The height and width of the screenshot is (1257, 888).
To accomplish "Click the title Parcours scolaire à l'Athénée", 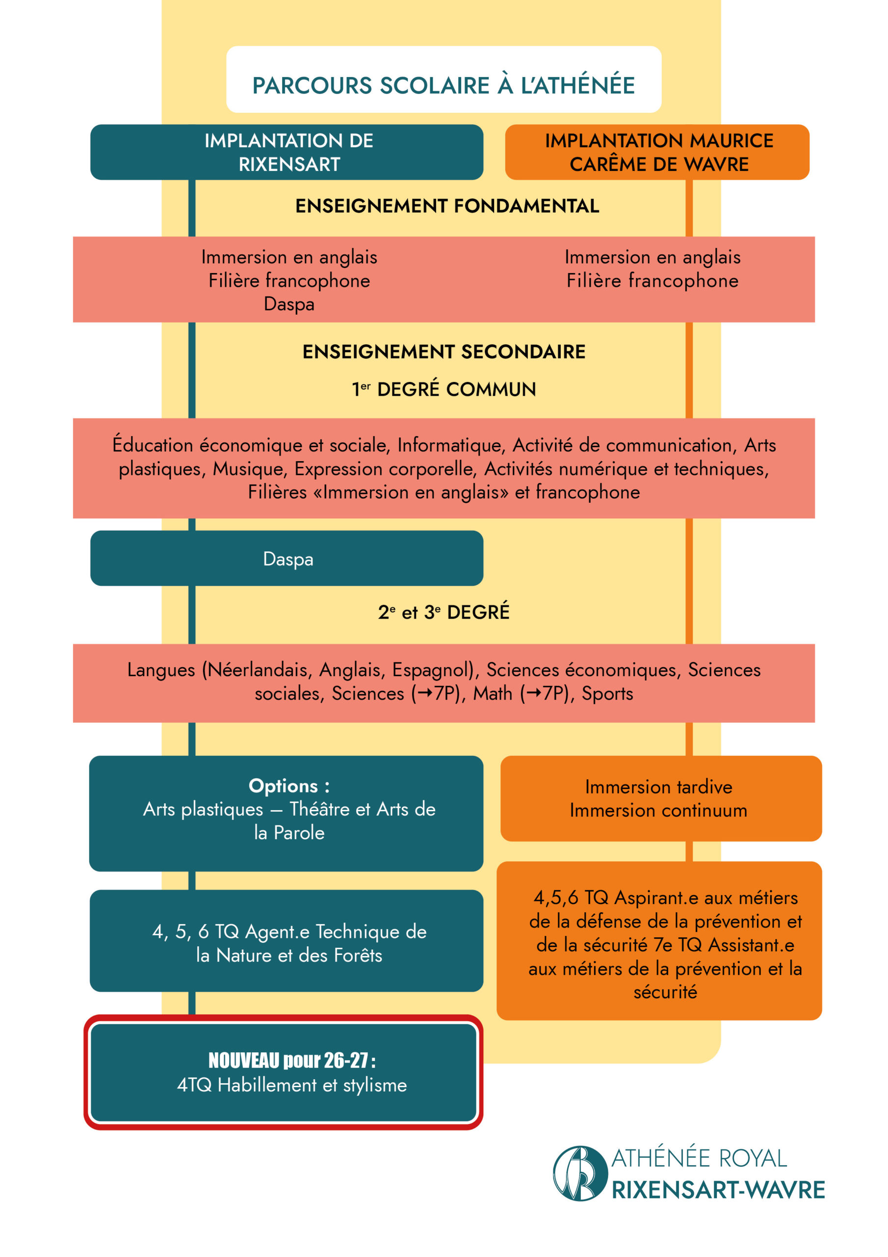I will tap(443, 85).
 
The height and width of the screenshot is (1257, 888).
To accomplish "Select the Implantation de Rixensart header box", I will tap(287, 152).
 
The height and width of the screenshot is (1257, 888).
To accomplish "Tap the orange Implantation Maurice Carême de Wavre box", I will tap(656, 152).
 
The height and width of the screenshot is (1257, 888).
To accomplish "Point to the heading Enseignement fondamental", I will tap(446, 206).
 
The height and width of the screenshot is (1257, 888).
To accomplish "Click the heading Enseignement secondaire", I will tap(444, 352).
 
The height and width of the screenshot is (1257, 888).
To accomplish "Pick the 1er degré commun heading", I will tap(444, 389).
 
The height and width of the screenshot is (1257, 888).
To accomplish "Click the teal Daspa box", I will tap(287, 559).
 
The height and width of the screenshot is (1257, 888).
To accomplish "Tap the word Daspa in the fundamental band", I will tap(289, 304).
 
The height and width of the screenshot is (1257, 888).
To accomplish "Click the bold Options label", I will tap(289, 786).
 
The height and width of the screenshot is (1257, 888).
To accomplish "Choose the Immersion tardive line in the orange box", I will tap(658, 787).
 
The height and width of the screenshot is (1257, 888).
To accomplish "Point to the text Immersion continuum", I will tap(658, 811).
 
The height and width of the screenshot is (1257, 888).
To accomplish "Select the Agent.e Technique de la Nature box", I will tap(287, 943).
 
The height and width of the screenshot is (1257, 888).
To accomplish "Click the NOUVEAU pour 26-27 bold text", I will tap(291, 1061).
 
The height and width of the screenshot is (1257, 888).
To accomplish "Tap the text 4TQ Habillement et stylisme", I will tap(291, 1085).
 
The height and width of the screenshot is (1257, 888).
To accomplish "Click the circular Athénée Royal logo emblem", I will tap(579, 1173).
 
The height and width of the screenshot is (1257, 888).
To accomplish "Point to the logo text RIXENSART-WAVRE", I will tap(717, 1190).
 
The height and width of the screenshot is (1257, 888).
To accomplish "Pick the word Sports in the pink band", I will tap(607, 694).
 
